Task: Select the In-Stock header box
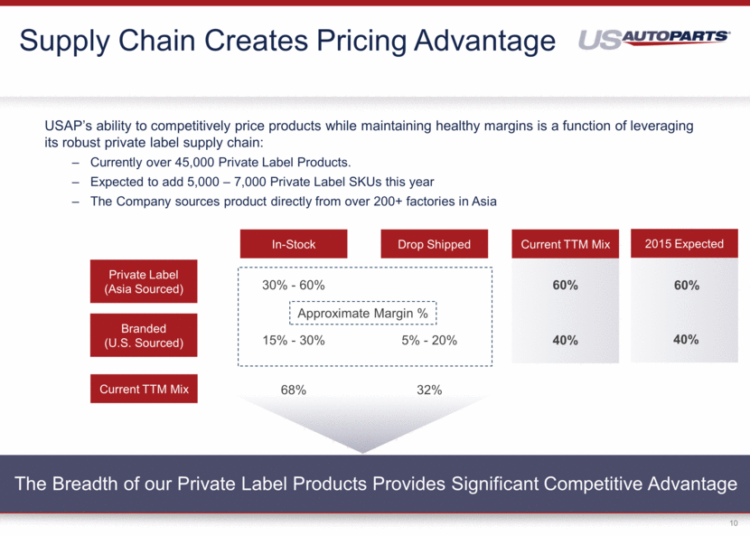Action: click(293, 244)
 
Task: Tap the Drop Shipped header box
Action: click(434, 244)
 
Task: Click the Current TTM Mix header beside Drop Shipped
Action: click(566, 244)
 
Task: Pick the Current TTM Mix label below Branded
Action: click(144, 390)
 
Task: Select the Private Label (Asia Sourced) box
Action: click(144, 282)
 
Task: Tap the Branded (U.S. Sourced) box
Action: click(144, 335)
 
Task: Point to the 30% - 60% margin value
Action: click(293, 285)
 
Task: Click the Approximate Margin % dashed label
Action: click(363, 314)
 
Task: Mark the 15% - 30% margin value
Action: click(293, 341)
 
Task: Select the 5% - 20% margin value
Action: click(429, 341)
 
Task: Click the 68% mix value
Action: click(293, 390)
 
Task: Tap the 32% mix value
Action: click(429, 390)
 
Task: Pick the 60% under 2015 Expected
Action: click(686, 285)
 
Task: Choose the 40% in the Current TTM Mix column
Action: click(565, 341)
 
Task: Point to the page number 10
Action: click(732, 522)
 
